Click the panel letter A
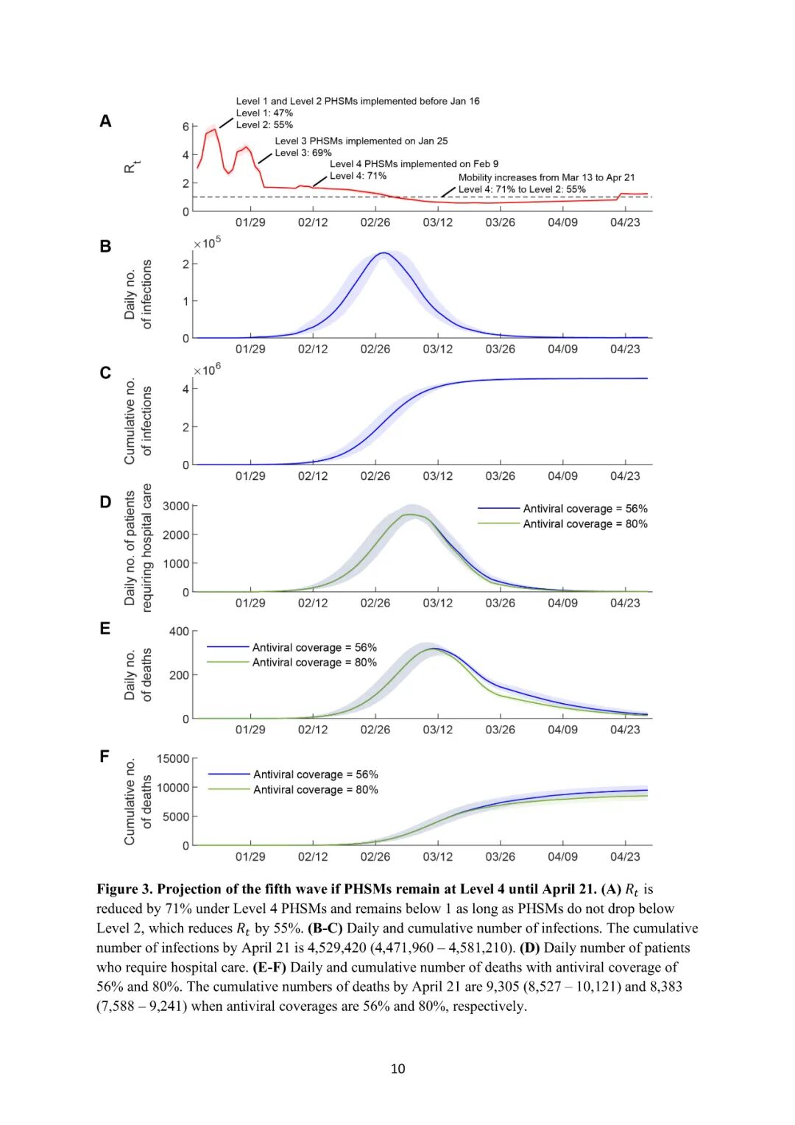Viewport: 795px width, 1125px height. [x=105, y=121]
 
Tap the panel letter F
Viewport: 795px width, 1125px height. [x=105, y=756]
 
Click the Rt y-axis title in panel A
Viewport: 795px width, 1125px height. [x=132, y=167]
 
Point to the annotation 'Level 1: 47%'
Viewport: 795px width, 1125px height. [x=264, y=113]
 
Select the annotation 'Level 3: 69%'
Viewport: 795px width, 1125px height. [x=303, y=153]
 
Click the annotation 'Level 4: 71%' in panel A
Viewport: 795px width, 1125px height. [x=358, y=176]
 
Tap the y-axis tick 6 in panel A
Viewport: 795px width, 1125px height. [x=186, y=127]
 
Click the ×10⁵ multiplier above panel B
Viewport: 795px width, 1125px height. [x=207, y=243]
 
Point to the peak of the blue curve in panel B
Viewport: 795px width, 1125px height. [x=384, y=253]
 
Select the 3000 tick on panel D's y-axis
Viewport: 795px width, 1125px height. [x=176, y=507]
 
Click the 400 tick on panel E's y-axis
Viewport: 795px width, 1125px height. [x=179, y=632]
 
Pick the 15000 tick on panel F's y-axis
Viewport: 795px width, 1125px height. [x=173, y=759]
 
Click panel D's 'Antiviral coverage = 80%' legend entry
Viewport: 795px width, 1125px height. [x=585, y=524]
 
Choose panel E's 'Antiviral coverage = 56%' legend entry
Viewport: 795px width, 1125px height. [x=314, y=648]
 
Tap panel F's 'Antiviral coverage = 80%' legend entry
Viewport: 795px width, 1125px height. [x=316, y=790]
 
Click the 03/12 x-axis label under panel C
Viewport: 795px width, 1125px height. [x=437, y=476]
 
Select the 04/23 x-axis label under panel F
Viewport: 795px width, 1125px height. [x=625, y=857]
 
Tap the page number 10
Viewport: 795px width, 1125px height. [x=397, y=1069]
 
